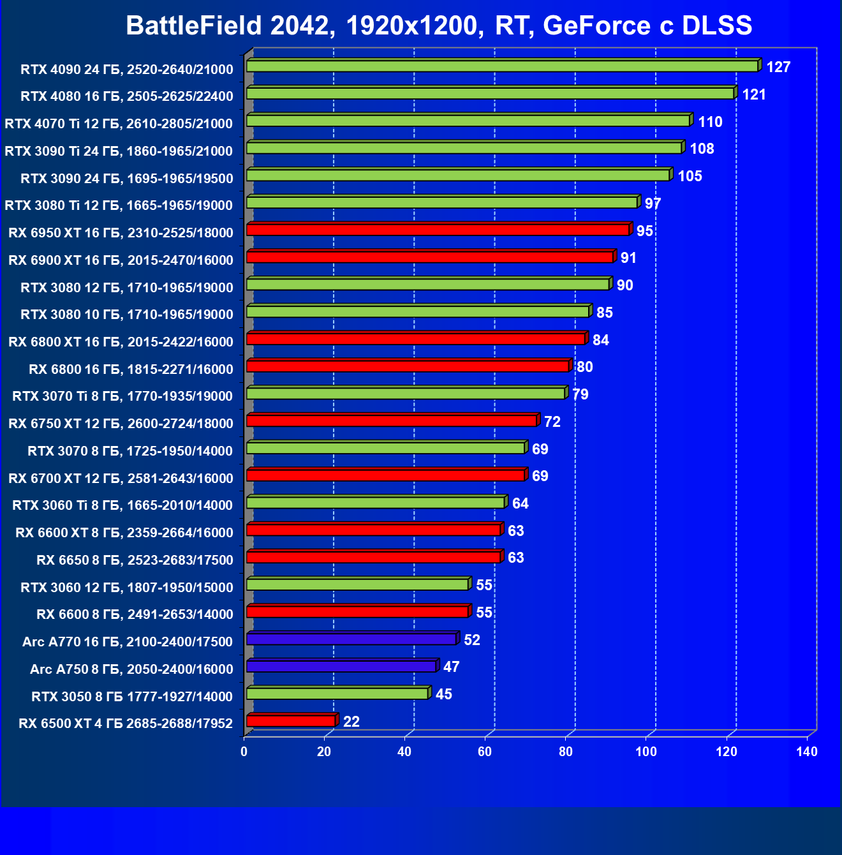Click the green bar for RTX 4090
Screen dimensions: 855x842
coord(502,66)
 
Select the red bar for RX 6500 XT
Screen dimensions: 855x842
coord(291,721)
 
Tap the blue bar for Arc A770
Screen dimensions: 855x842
coord(351,639)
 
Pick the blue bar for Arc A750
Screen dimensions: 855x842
coord(341,667)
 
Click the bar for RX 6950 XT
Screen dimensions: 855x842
coord(438,230)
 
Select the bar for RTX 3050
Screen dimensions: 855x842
coord(337,694)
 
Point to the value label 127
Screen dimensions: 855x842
coord(778,67)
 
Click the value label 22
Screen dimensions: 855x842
coord(351,722)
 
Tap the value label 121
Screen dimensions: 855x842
coord(754,94)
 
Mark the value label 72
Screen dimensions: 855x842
coord(552,422)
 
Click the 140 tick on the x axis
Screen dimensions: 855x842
coord(807,752)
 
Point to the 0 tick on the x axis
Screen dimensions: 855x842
coord(244,752)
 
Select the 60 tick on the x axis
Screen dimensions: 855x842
coord(485,752)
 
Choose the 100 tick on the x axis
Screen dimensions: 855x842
coord(646,752)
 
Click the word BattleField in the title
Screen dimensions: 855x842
coord(194,26)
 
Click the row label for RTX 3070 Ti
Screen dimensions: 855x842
coord(122,396)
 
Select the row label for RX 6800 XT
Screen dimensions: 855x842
coord(121,342)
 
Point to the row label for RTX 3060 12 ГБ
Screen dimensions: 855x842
coord(126,588)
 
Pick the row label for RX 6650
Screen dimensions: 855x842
coord(135,560)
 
